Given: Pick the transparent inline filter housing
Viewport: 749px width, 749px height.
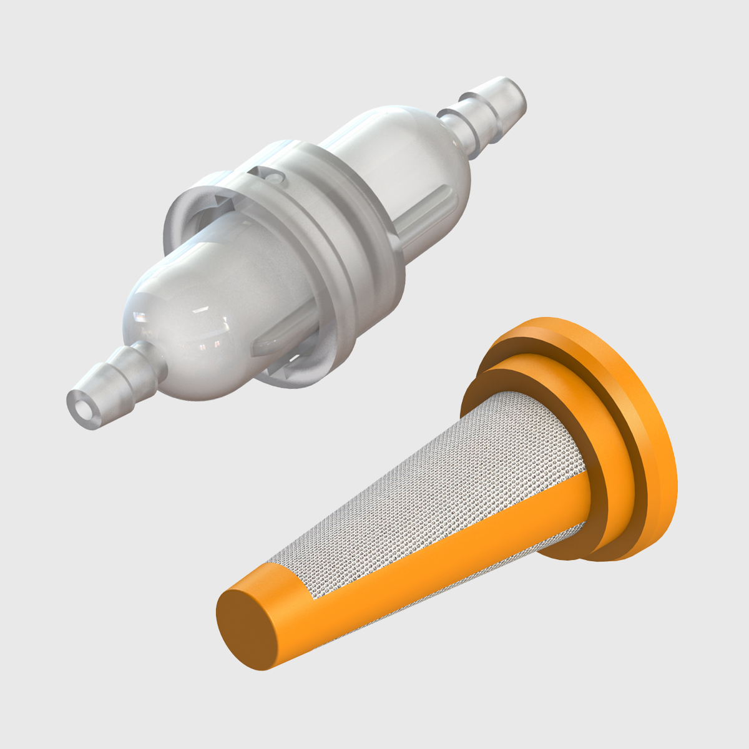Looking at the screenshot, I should tap(300, 250).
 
